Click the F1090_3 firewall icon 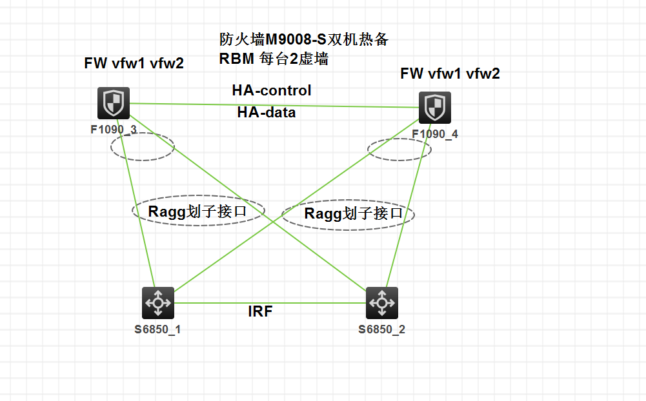click(114, 103)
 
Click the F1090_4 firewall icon click(435, 107)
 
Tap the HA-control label click(272, 90)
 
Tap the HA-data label click(267, 112)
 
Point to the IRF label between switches click(260, 311)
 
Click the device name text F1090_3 click(114, 129)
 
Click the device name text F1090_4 click(435, 133)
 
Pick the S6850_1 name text click(157, 329)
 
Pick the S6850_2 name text click(382, 329)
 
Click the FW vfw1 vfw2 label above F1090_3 click(134, 63)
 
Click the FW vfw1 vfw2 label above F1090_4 click(450, 73)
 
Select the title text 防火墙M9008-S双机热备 click(304, 40)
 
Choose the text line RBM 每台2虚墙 click(274, 60)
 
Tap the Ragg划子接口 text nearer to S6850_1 click(197, 211)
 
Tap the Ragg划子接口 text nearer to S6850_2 click(354, 213)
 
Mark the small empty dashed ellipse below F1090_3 click(143, 146)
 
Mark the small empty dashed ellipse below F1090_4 click(399, 150)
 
